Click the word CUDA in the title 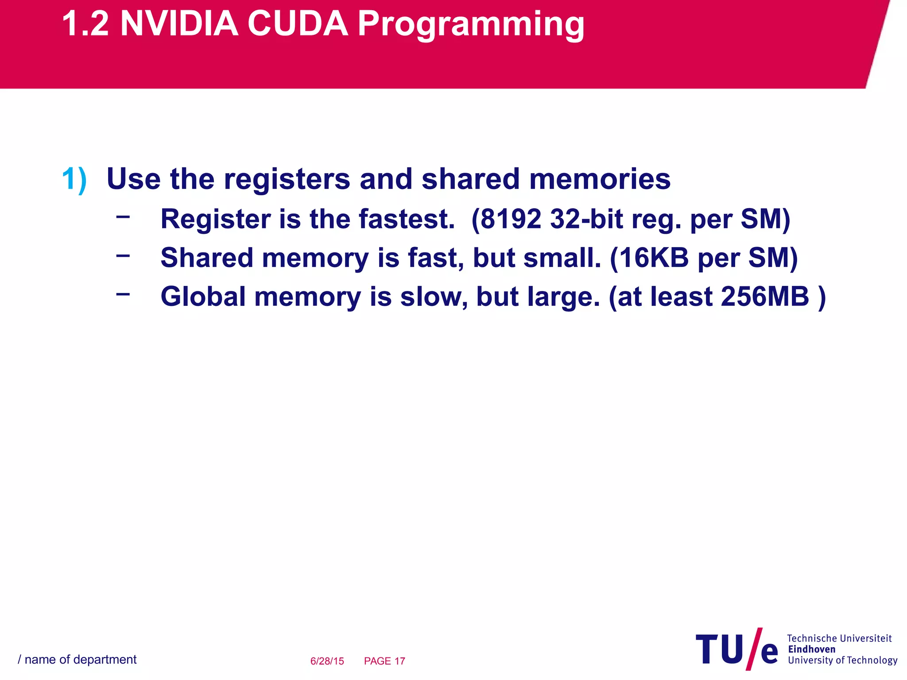tap(298, 24)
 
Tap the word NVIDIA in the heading tap(179, 24)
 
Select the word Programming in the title tap(471, 26)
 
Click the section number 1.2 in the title tap(85, 24)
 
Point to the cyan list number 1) tap(74, 180)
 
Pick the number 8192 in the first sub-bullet tap(511, 219)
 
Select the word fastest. tap(407, 219)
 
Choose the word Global tap(203, 296)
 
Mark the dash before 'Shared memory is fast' tap(123, 255)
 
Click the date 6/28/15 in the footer tap(327, 661)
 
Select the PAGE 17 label tap(384, 661)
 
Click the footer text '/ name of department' tap(77, 660)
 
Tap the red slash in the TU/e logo tap(754, 649)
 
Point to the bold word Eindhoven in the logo tap(811, 649)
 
